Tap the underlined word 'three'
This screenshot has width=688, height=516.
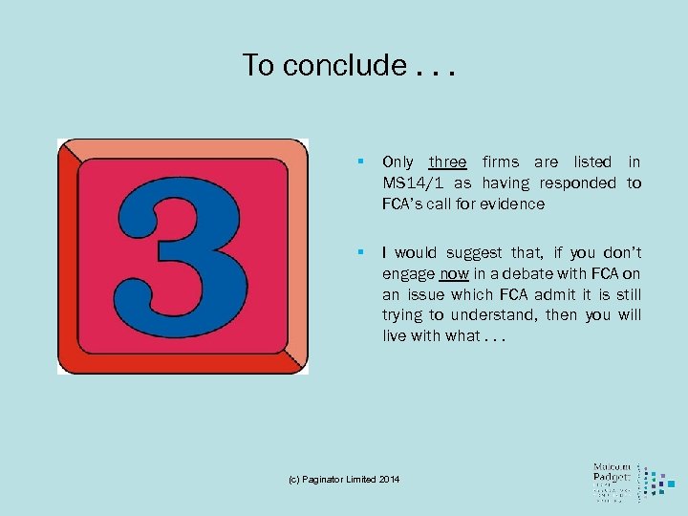(447, 162)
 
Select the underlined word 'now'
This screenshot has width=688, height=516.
(455, 273)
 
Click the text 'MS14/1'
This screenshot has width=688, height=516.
(413, 183)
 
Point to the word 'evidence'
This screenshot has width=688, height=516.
(514, 204)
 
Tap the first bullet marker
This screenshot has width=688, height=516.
(360, 162)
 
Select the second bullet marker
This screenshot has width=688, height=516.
(360, 252)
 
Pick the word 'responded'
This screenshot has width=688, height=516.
(581, 183)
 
